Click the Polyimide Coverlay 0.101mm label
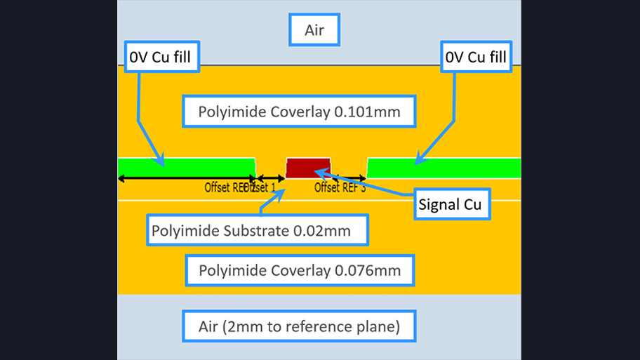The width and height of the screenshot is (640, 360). tap(298, 112)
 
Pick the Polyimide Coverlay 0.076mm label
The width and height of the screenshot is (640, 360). tap(300, 270)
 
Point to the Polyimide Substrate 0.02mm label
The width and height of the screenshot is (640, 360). tap(258, 229)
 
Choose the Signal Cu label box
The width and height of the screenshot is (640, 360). tap(450, 204)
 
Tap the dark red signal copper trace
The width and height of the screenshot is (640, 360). tap(310, 168)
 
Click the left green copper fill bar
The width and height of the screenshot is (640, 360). tap(186, 168)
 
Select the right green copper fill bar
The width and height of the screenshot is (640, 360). tap(444, 168)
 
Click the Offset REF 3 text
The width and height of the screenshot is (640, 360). tap(340, 187)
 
